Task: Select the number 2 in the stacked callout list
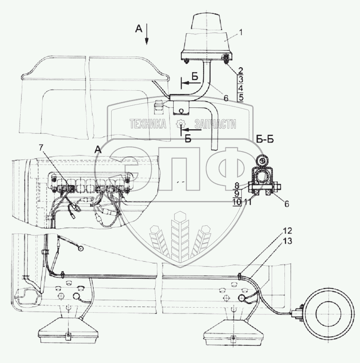click(x=240, y=70)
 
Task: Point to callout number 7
click(x=41, y=147)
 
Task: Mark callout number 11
click(x=248, y=202)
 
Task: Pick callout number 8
click(x=237, y=185)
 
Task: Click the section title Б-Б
click(x=264, y=140)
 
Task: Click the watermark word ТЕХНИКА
click(x=148, y=124)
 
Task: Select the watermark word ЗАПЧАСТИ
click(x=214, y=124)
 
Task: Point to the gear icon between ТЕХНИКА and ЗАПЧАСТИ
click(x=180, y=124)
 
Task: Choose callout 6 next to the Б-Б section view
click(x=287, y=204)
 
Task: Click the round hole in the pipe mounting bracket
click(x=181, y=111)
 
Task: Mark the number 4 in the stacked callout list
click(x=240, y=89)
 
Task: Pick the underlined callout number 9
click(x=237, y=193)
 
